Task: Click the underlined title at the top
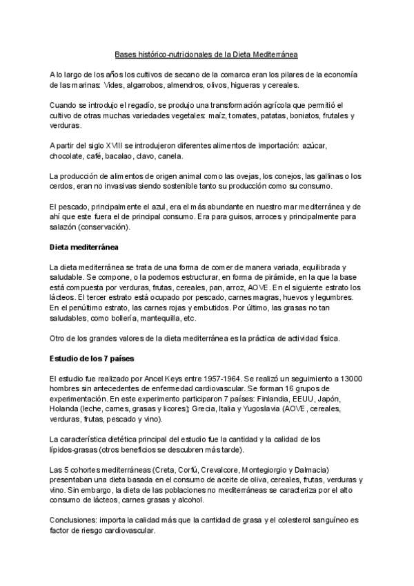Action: click(x=206, y=53)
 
